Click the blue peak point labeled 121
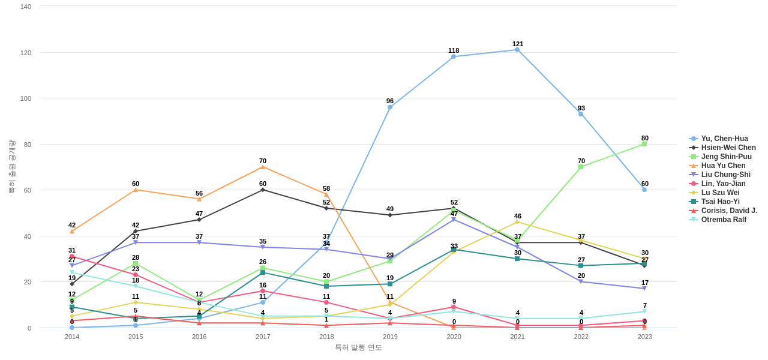pyautogui.click(x=517, y=50)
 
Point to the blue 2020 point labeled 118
pyautogui.click(x=454, y=57)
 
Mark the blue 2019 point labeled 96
pyautogui.click(x=390, y=107)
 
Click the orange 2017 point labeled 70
pyautogui.click(x=263, y=167)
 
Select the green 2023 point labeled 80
pyautogui.click(x=644, y=144)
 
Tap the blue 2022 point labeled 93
pyautogui.click(x=581, y=114)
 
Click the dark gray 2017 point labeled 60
pyautogui.click(x=263, y=190)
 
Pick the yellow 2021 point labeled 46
pyautogui.click(x=517, y=222)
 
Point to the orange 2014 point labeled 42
pyautogui.click(x=72, y=231)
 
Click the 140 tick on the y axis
pyautogui.click(x=26, y=7)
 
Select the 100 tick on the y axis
pyautogui.click(x=26, y=98)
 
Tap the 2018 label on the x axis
pyautogui.click(x=326, y=337)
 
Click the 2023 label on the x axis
pyautogui.click(x=645, y=337)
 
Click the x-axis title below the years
pyautogui.click(x=358, y=347)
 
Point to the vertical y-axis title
pyautogui.click(x=11, y=167)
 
